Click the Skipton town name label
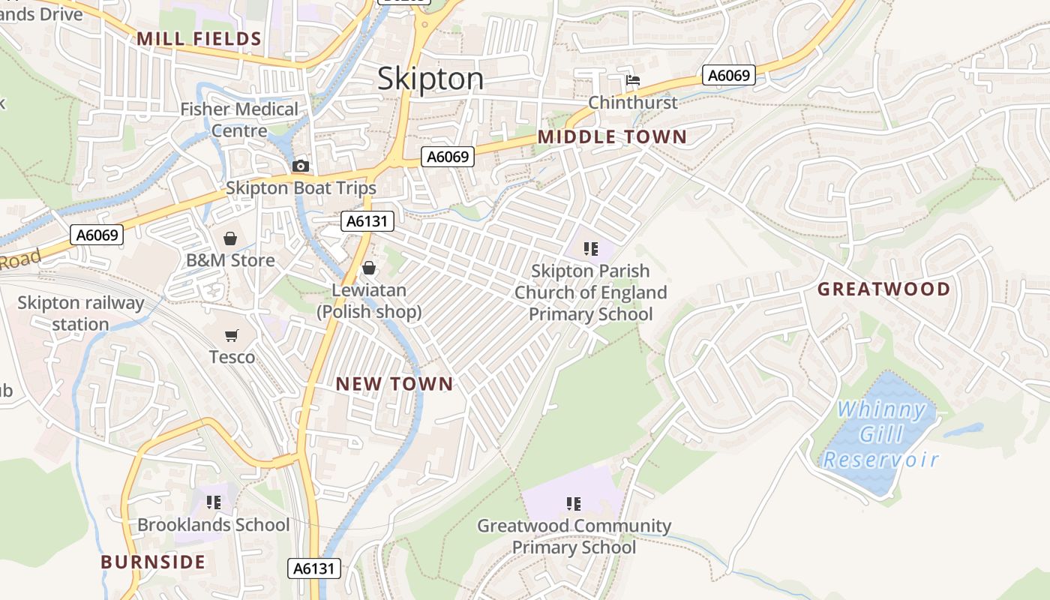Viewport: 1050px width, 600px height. [x=430, y=79]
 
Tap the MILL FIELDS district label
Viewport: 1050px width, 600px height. [x=199, y=39]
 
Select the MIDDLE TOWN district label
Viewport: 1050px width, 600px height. [x=612, y=136]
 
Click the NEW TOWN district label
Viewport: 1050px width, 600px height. [x=394, y=384]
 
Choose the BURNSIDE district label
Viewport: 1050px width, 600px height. [x=153, y=562]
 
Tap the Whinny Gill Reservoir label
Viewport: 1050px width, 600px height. [x=881, y=434]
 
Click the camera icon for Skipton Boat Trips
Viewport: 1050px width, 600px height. [x=301, y=166]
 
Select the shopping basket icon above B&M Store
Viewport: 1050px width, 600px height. [x=230, y=238]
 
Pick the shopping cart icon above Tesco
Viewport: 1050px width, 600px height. [x=232, y=335]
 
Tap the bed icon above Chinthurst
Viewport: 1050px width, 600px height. [x=633, y=80]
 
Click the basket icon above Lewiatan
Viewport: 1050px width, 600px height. [x=369, y=268]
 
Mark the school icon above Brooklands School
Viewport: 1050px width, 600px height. [x=214, y=502]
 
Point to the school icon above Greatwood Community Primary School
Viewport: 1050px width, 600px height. [x=574, y=503]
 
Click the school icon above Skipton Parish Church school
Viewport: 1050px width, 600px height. [x=591, y=248]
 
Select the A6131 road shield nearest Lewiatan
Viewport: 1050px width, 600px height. [x=367, y=220]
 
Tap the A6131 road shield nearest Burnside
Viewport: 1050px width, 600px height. [x=314, y=568]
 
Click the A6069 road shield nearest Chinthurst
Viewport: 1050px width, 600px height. [x=729, y=75]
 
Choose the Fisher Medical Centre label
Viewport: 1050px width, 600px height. [x=239, y=120]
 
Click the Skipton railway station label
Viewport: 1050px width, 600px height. [x=80, y=313]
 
